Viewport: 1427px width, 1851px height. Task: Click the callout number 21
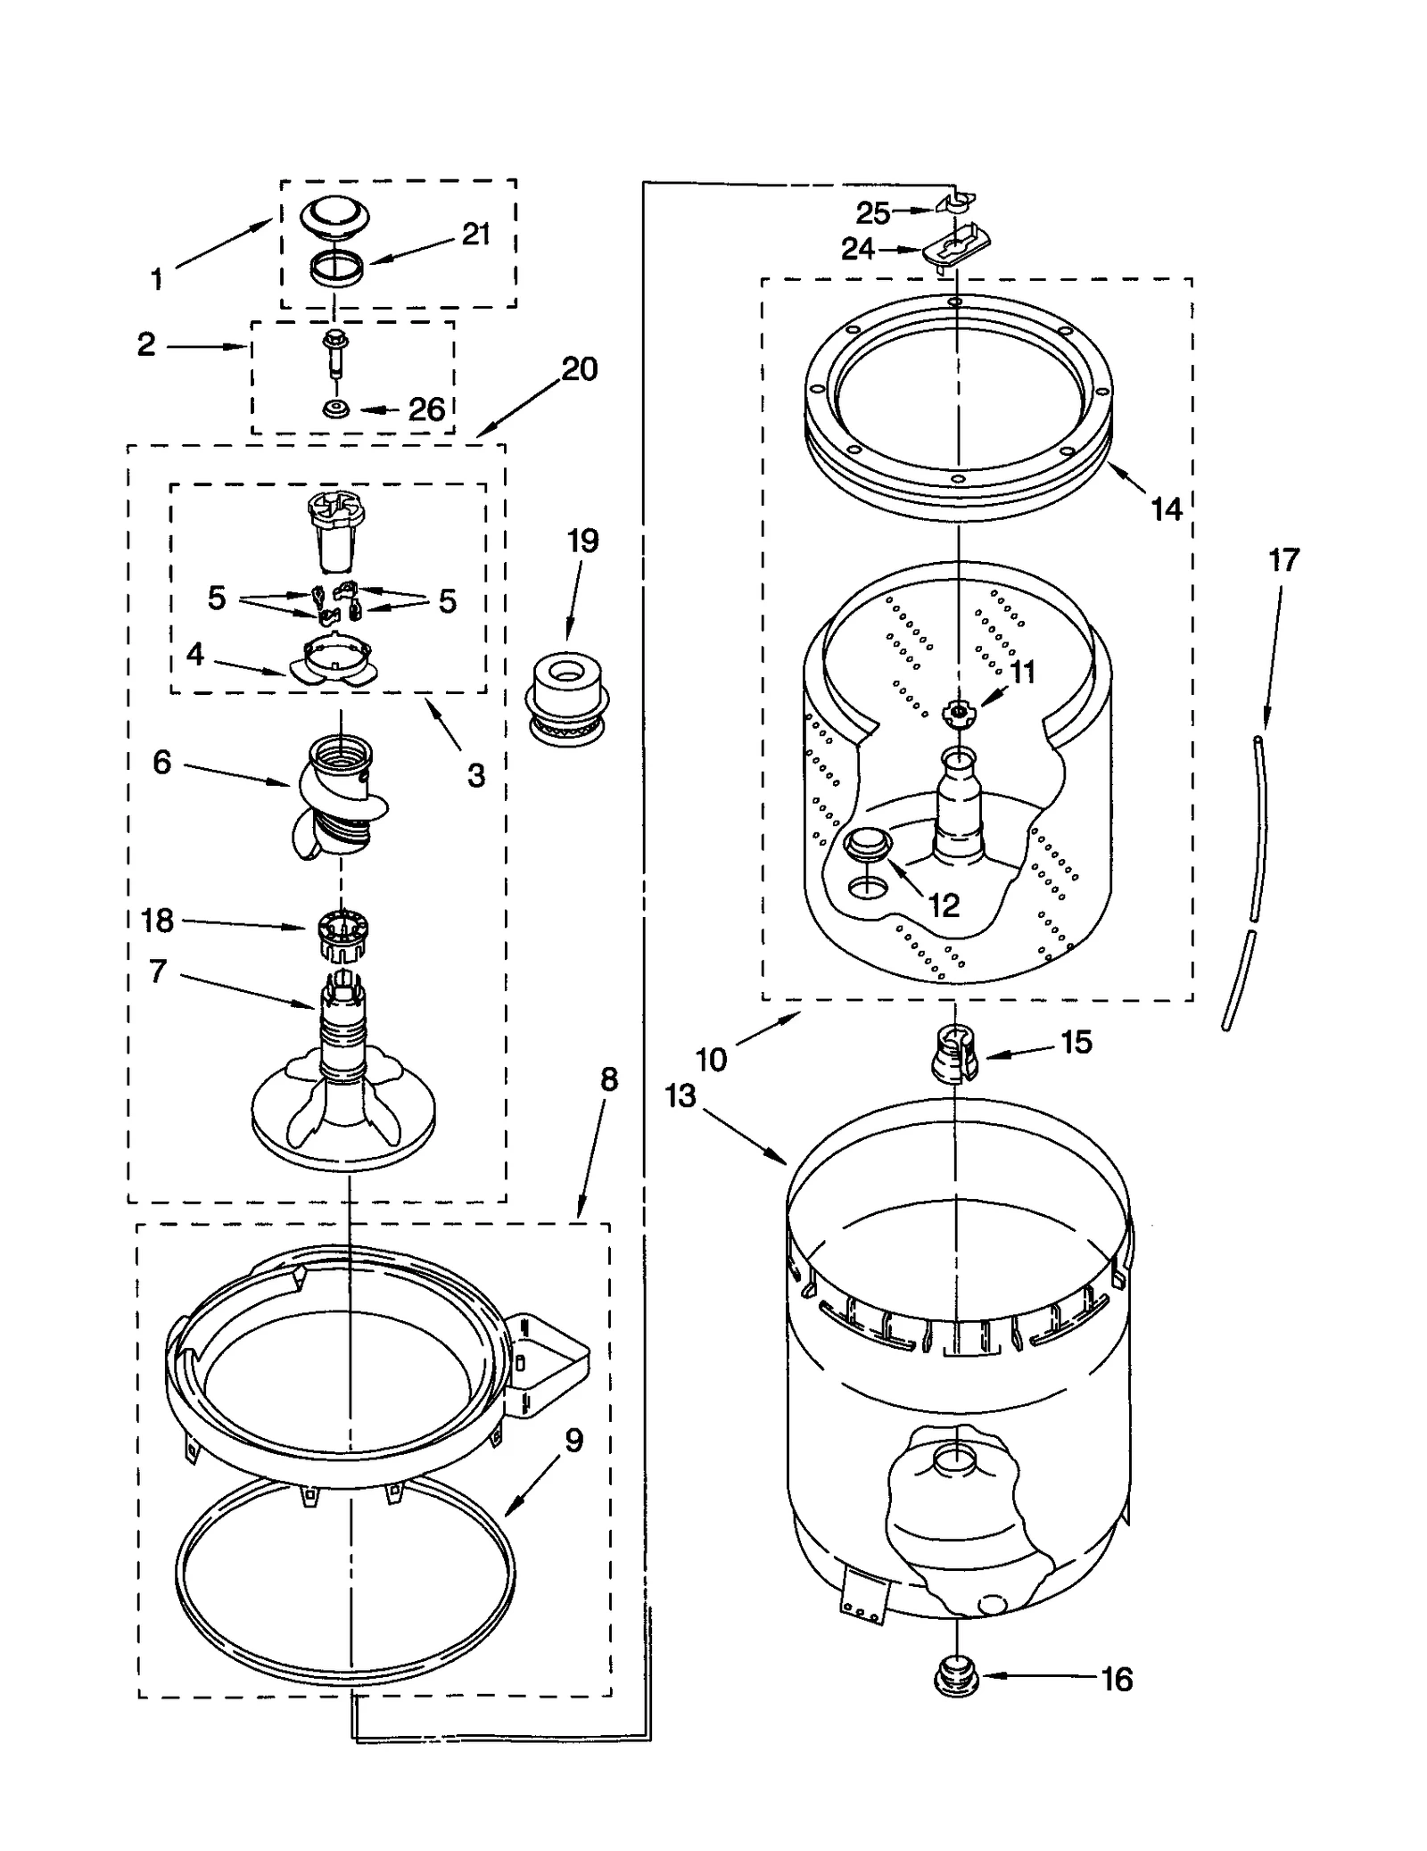point(476,235)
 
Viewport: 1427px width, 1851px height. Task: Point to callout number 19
point(582,541)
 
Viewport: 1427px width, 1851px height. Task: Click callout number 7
point(158,971)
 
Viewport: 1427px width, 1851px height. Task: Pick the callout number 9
point(573,1441)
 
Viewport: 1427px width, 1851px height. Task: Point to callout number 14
point(1166,509)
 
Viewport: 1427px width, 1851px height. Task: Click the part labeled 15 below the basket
point(954,1053)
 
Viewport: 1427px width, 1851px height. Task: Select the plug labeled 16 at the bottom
point(955,1679)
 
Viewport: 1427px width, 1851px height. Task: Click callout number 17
point(1283,560)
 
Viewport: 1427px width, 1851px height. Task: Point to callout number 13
point(681,1095)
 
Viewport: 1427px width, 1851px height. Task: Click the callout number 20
point(580,369)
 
